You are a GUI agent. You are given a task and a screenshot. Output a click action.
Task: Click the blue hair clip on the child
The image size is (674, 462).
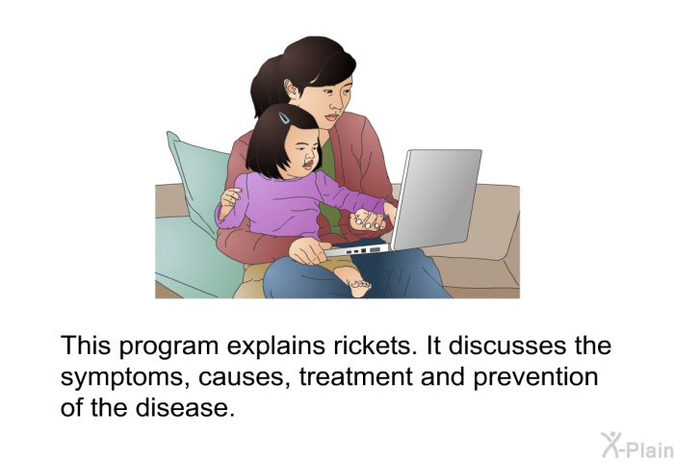tap(284, 117)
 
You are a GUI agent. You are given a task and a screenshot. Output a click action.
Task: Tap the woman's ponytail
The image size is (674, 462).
tap(265, 88)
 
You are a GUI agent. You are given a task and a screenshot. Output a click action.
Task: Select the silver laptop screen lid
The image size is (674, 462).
tap(437, 199)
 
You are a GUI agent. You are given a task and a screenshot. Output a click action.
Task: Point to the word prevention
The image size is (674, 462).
tap(535, 377)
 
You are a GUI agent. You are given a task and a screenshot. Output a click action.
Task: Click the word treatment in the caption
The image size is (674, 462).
tap(356, 376)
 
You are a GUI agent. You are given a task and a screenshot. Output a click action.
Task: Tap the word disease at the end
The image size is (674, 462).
tap(185, 407)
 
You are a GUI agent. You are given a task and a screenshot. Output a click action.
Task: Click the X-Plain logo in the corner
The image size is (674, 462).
tap(637, 446)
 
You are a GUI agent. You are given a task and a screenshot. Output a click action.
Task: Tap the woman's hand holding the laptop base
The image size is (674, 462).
tap(309, 251)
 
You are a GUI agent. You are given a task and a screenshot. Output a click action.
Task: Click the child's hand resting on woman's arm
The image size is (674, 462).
tap(230, 197)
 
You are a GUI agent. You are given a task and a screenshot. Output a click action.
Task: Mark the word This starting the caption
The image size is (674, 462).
tap(86, 345)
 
